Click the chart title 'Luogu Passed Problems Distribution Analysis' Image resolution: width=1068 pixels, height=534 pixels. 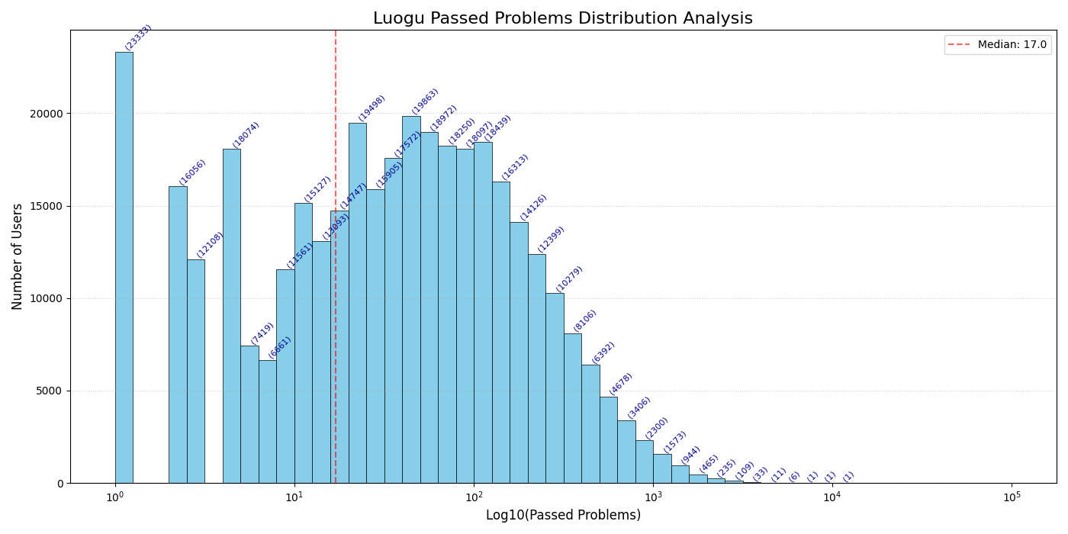562,18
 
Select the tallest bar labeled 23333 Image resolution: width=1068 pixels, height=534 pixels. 124,267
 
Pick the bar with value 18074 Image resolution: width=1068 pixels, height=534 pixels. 231,316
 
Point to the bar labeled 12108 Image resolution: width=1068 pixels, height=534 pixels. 195,371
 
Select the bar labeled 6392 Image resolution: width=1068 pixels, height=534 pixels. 590,423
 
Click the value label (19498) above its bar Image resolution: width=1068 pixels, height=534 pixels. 372,108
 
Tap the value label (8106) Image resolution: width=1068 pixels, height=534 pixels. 585,320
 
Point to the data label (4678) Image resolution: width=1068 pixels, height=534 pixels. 621,384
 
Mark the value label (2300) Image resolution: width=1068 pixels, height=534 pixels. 657,428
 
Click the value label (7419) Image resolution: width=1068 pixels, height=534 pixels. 262,333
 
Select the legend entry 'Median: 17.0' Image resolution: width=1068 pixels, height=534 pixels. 998,45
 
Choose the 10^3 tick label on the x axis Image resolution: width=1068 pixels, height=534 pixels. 653,497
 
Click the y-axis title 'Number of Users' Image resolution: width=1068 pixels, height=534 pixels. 18,256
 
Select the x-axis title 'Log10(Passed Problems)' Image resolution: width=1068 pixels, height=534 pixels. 563,516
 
